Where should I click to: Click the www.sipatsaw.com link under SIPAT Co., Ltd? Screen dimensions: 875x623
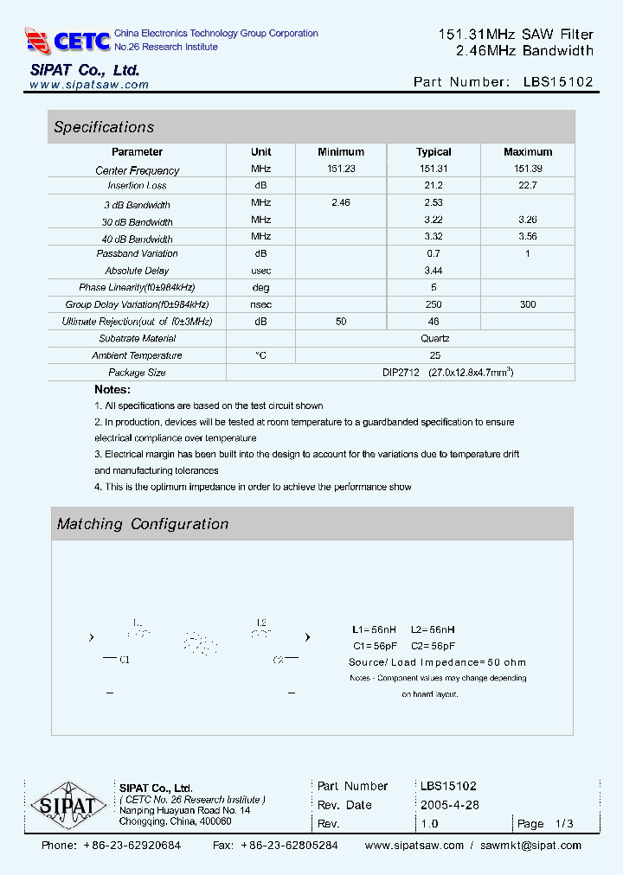click(89, 85)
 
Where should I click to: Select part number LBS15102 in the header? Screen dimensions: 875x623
click(558, 82)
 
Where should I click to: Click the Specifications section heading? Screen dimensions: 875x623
click(104, 127)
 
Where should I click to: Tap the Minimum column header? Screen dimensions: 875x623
click(341, 151)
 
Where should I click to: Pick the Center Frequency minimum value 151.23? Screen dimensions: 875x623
click(341, 169)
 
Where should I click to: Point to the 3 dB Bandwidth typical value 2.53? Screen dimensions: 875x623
click(434, 202)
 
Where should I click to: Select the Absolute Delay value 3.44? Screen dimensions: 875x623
click(434, 271)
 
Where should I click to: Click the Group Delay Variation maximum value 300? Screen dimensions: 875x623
click(528, 304)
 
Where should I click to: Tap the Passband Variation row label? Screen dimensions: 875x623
click(137, 254)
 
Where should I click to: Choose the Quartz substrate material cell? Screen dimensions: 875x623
click(434, 338)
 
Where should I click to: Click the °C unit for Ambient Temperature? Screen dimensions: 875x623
click(260, 355)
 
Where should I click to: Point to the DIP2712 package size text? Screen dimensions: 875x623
click(401, 373)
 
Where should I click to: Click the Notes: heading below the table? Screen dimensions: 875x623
click(112, 390)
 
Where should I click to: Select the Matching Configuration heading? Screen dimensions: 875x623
click(143, 524)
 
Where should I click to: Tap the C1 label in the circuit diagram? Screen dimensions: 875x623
click(124, 660)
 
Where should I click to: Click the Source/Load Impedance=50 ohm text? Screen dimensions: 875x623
click(437, 662)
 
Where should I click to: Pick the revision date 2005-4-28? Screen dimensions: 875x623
click(450, 804)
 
